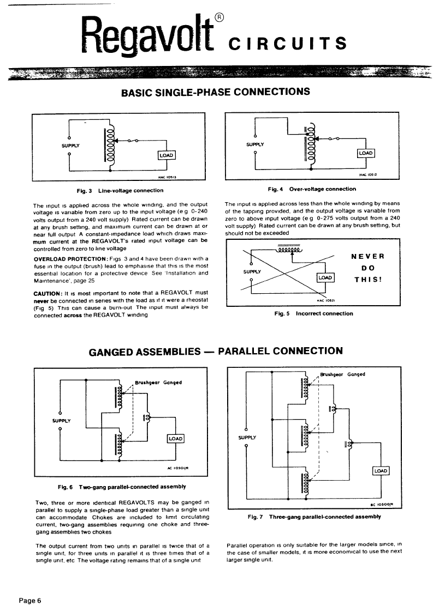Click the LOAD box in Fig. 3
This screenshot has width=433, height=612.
click(x=166, y=155)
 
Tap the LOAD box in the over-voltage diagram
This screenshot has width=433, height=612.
click(x=366, y=153)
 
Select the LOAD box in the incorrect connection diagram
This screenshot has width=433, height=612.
click(x=325, y=277)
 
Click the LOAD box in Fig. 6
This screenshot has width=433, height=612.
click(x=175, y=439)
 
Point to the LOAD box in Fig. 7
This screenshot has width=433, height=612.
click(x=381, y=471)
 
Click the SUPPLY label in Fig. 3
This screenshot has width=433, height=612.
click(x=70, y=146)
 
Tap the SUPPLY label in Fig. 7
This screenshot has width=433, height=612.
click(x=247, y=438)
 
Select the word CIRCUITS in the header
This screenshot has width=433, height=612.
click(x=288, y=43)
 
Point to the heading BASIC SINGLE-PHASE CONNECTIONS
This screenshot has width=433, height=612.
click(x=216, y=92)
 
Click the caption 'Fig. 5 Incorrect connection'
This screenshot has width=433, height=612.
click(x=314, y=313)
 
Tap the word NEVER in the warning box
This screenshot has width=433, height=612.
click(x=367, y=257)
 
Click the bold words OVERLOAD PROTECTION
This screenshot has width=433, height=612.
click(x=70, y=259)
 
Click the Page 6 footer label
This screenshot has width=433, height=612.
click(x=29, y=601)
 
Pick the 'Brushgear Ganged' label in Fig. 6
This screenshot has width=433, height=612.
click(x=158, y=383)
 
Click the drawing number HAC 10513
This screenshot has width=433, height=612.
click(x=168, y=177)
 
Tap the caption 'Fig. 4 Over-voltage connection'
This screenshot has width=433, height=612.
click(x=312, y=189)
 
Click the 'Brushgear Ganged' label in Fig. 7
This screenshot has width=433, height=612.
click(x=343, y=374)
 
